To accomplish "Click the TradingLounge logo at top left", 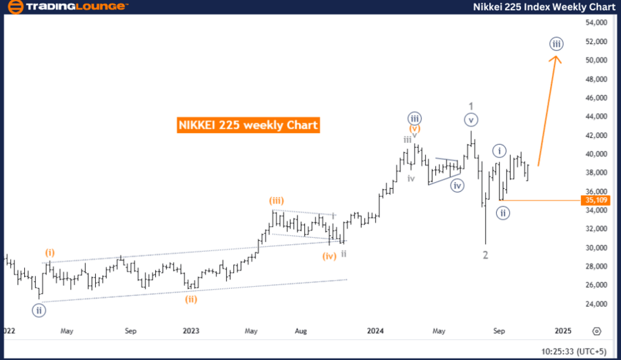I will click(66, 7).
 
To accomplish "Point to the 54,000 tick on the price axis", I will click(595, 23).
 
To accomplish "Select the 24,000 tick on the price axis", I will click(595, 303).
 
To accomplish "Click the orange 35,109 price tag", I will click(595, 201).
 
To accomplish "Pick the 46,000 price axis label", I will click(595, 98).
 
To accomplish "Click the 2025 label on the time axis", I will click(562, 331).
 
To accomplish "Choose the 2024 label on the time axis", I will click(375, 331).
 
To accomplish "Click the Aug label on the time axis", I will click(302, 331).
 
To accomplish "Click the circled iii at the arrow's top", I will click(557, 44).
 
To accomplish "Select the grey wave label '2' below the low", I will click(486, 255).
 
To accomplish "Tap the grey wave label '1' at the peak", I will click(471, 106).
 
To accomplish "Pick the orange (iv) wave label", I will click(329, 256).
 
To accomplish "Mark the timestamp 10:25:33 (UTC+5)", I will click(573, 351).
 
